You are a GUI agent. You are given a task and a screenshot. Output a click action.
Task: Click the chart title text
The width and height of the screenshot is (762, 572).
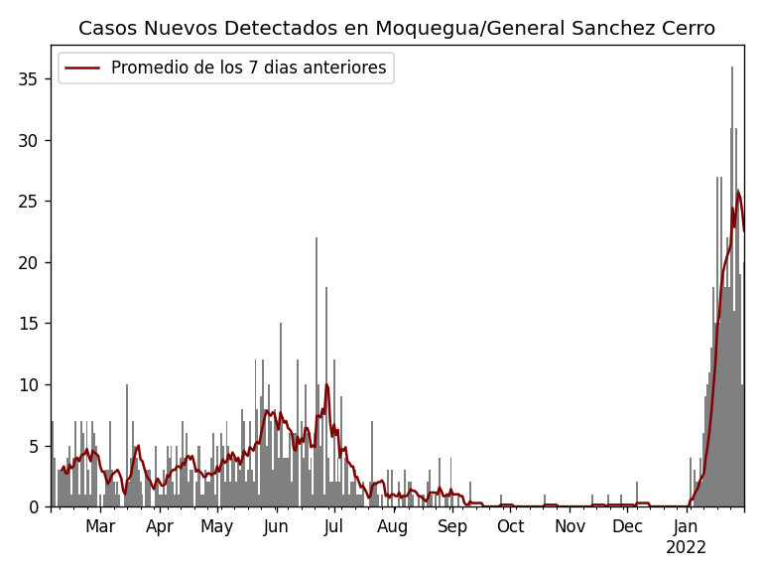[x=397, y=29]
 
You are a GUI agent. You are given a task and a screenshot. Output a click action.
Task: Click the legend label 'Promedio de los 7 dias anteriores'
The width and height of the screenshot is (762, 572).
[x=248, y=69]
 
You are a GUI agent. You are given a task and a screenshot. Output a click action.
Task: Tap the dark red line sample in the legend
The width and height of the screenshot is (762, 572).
[x=83, y=69]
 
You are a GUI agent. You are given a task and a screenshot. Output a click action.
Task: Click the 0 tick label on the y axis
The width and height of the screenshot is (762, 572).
[x=38, y=507]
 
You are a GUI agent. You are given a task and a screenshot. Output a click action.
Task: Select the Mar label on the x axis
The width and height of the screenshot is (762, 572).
[x=100, y=526]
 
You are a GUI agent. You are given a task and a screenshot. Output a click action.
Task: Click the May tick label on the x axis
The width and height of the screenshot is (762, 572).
[x=217, y=526]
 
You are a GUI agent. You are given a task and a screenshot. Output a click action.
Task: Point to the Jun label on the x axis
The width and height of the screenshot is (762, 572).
[x=276, y=526]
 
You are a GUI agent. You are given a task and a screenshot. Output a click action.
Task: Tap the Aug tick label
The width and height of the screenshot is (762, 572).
[x=393, y=526]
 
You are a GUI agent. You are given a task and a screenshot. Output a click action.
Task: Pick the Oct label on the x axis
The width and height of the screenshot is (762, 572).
[x=510, y=526]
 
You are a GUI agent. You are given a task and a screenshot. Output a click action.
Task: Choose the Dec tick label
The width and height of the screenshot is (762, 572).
[x=627, y=526]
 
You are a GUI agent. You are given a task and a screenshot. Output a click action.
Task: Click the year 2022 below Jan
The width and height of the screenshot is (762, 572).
[x=686, y=548]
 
